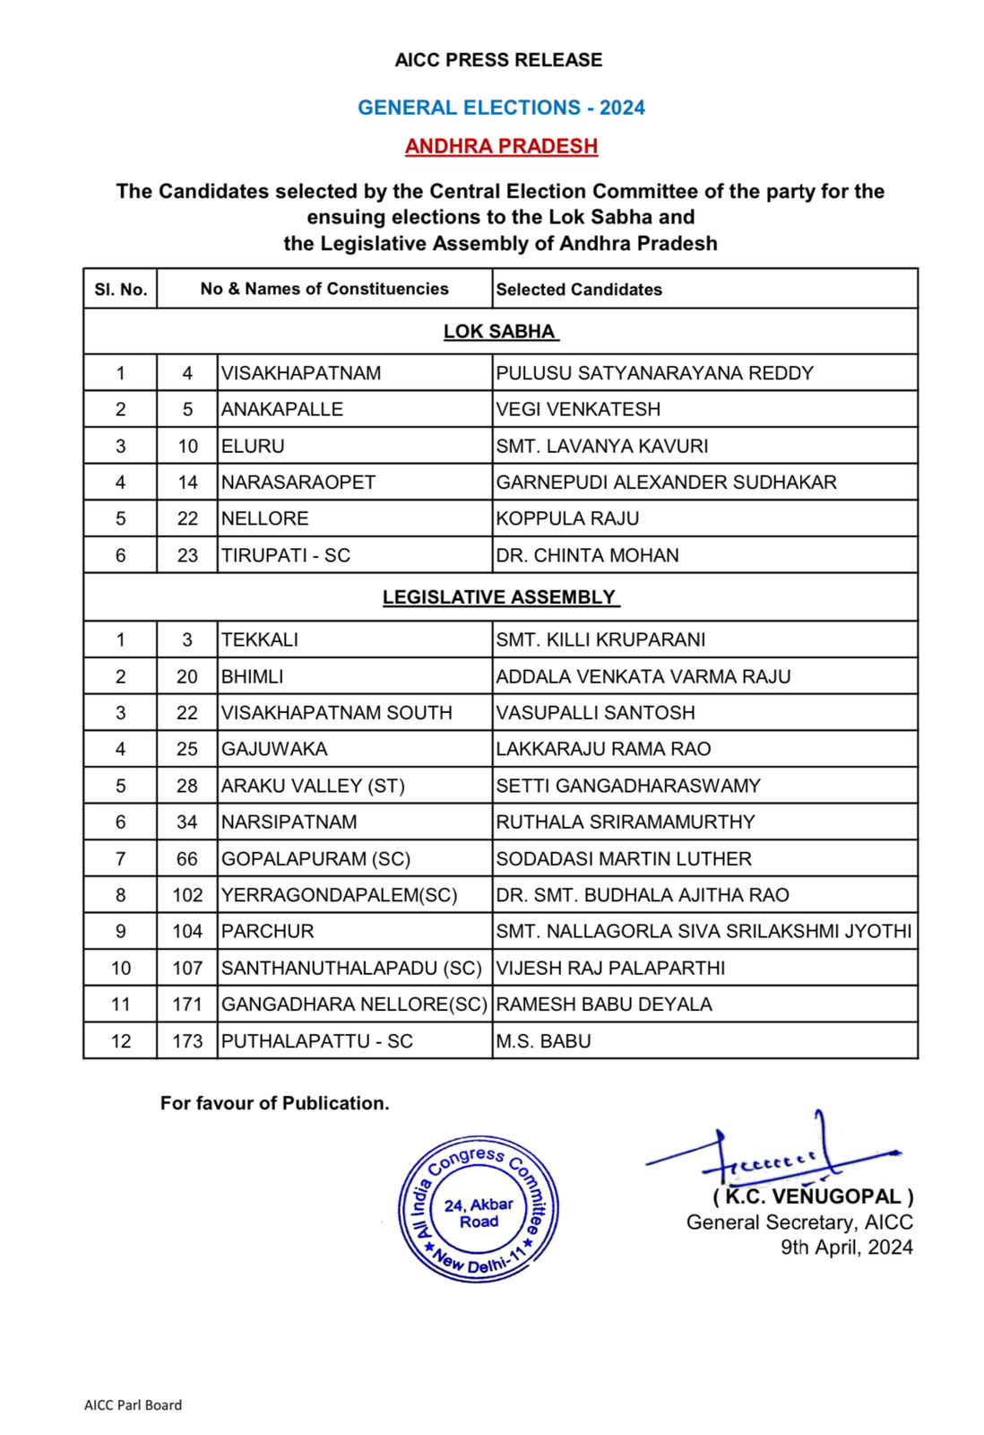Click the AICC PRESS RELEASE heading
coord(498,60)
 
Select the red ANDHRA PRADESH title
coord(501,146)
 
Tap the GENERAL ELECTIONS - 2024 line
coord(501,108)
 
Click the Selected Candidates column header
coord(579,290)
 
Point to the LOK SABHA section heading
coord(500,332)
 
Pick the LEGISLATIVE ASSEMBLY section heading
coord(500,597)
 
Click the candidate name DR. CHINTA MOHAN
coord(587,556)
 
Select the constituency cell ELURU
coord(253,447)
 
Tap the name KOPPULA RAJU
coord(567,519)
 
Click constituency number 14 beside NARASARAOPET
coord(187,483)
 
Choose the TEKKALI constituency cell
coord(260,640)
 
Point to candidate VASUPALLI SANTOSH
coord(595,713)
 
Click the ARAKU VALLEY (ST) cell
coord(313,787)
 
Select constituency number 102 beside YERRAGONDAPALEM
coord(187,896)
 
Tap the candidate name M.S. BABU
coord(543,1042)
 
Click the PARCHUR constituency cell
coord(267,932)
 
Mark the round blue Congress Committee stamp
coord(479,1210)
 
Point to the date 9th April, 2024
coord(846,1248)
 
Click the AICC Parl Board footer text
coord(133,1405)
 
